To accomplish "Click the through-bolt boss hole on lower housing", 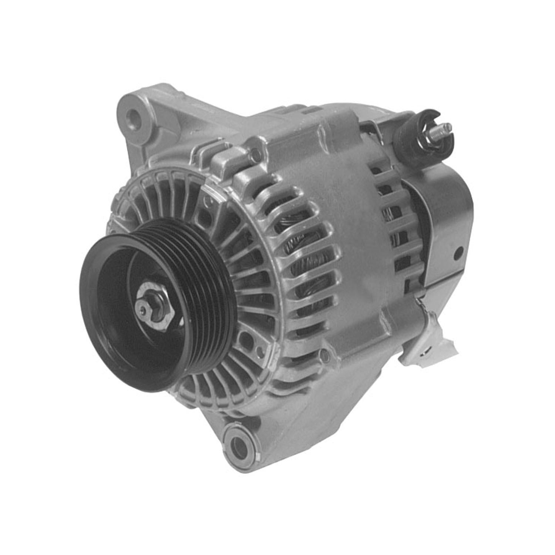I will pos(325,356).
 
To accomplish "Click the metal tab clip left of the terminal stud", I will pos(374,128).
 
